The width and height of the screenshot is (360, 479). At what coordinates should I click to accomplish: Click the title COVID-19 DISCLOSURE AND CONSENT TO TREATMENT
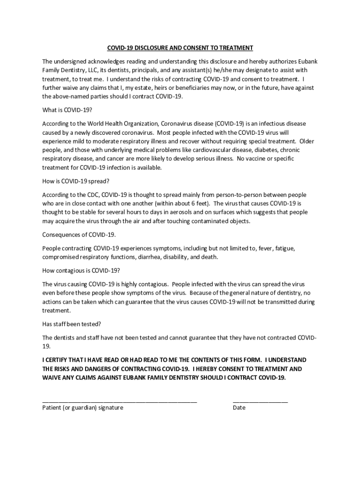pyautogui.click(x=180, y=48)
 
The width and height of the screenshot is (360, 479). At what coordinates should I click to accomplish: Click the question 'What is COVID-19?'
pyautogui.click(x=67, y=110)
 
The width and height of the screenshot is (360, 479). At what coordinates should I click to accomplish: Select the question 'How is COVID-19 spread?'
pyautogui.click(x=75, y=181)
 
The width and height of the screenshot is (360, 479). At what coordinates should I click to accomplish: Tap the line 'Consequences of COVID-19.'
pyautogui.click(x=79, y=234)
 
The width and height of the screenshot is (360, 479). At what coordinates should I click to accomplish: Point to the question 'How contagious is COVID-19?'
pyautogui.click(x=81, y=270)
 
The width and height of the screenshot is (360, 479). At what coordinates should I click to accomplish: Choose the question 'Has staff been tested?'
pyautogui.click(x=72, y=324)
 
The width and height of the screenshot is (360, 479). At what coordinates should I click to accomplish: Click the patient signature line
pyautogui.click(x=119, y=401)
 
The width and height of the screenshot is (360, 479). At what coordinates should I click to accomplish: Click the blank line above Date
pyautogui.click(x=260, y=401)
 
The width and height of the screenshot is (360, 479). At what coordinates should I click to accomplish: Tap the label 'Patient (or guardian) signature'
pyautogui.click(x=83, y=408)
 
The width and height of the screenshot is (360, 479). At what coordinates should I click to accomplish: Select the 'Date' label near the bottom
pyautogui.click(x=239, y=408)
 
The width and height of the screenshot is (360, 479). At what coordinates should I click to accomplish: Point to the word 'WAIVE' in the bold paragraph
pyautogui.click(x=51, y=377)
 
